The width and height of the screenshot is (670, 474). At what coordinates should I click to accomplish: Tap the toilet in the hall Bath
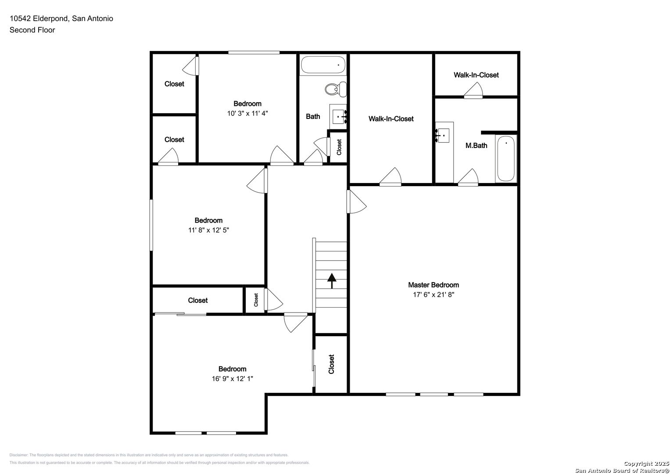point(336,90)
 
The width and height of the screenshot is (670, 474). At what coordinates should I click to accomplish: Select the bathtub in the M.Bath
point(506,158)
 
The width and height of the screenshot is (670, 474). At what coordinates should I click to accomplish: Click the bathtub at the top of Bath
point(323,65)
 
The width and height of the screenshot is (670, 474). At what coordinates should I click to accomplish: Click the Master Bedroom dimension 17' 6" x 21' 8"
point(433,295)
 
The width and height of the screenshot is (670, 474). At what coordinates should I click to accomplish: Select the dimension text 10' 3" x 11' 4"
point(247,113)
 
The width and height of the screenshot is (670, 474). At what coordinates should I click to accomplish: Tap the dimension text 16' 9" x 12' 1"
point(232,378)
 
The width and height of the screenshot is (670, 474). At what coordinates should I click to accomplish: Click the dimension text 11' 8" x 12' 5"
point(208,230)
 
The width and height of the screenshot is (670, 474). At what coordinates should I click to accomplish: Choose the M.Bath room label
point(476,146)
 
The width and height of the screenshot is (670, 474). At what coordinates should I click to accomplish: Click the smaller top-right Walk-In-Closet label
point(476,75)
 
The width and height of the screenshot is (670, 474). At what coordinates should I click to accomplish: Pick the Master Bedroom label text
point(433,285)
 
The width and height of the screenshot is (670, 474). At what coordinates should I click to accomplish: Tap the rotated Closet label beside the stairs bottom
point(331,364)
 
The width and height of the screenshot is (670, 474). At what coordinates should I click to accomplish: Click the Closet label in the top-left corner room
point(174,84)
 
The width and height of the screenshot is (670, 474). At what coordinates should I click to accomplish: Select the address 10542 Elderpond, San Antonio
point(61,18)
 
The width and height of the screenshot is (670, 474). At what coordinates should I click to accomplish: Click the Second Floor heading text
point(32,30)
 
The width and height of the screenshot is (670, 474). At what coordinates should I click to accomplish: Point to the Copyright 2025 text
point(646,463)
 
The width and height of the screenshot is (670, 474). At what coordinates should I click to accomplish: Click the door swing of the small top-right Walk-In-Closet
point(474,90)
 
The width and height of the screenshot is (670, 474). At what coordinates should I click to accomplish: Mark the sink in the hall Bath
point(338,116)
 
